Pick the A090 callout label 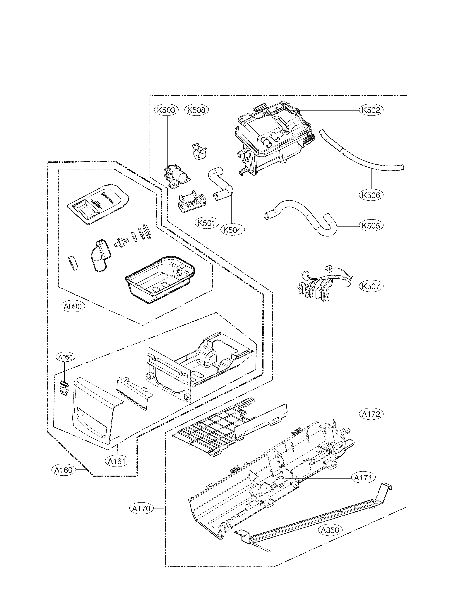[x=73, y=307]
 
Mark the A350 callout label [x=330, y=530]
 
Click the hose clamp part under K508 [x=199, y=152]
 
